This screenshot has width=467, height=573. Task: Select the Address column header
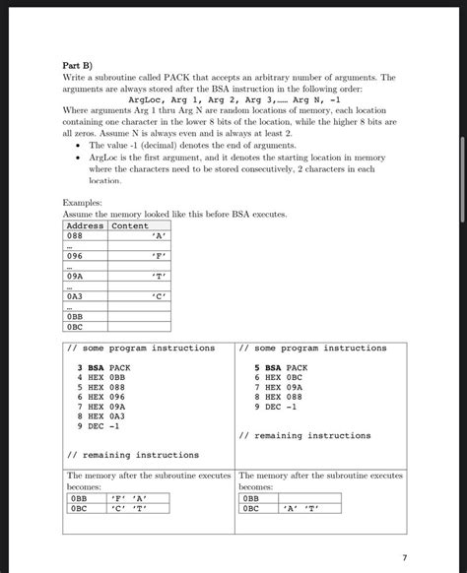tap(85, 225)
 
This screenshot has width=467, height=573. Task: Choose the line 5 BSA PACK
tap(281, 366)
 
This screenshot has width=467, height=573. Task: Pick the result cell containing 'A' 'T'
tap(297, 510)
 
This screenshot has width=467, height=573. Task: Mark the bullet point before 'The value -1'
tap(78, 145)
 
